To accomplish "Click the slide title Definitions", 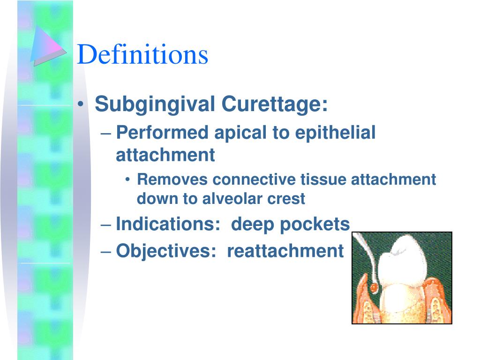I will click(x=142, y=54).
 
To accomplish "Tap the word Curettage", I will click(x=274, y=104).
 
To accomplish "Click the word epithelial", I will click(x=335, y=133).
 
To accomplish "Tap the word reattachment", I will click(x=285, y=251).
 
